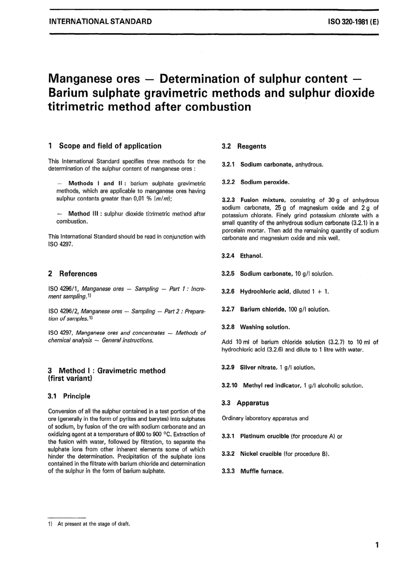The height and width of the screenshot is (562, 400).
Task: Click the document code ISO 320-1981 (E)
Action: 353,21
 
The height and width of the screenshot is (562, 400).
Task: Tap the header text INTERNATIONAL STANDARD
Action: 100,21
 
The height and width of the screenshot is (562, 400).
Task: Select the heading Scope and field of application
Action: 110,146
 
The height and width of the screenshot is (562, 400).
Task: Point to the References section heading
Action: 78,274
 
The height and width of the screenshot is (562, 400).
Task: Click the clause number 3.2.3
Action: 229,200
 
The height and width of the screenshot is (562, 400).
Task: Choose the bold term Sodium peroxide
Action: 264,182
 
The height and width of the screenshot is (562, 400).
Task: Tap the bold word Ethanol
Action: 251,256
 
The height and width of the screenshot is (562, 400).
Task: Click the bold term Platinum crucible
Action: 264,436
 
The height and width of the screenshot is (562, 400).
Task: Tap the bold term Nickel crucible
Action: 261,454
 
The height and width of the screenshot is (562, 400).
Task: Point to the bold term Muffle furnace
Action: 261,471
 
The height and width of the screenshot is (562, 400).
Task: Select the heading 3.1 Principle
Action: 69,396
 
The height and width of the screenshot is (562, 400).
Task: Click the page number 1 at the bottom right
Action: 377,545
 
